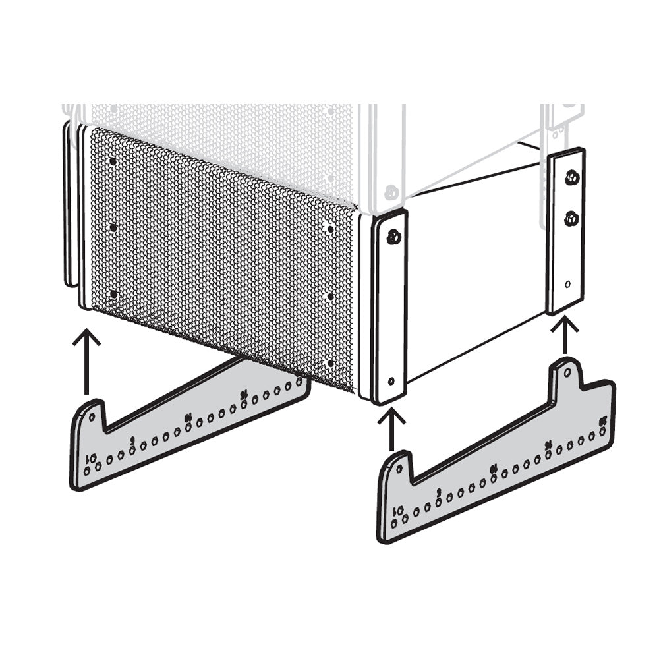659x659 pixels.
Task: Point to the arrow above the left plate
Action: [x=86, y=362]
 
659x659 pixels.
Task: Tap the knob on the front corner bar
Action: [x=393, y=237]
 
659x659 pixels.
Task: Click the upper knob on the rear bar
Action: [x=571, y=177]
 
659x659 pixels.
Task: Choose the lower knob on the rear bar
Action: [x=571, y=219]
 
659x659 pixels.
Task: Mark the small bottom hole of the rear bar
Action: [x=568, y=285]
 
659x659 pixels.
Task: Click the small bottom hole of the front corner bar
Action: [x=392, y=381]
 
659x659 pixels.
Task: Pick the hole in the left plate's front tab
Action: [x=92, y=417]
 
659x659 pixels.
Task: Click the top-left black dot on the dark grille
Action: [x=113, y=161]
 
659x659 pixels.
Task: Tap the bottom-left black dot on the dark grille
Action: [x=113, y=294]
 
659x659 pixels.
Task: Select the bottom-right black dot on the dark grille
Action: [x=329, y=363]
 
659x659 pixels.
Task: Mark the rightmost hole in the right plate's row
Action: [x=602, y=431]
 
